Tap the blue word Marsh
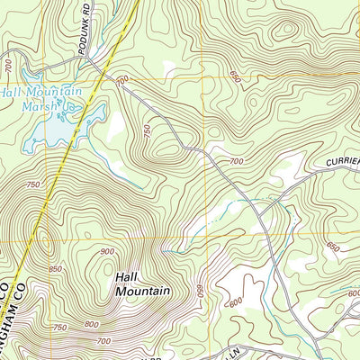pos(51,105)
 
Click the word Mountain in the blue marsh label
pos(53,92)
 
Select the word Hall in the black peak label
pos(127,276)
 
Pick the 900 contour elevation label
pos(108,251)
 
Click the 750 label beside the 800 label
pos(61,327)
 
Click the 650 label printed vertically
pos(200,292)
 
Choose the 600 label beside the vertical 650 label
pos(236,302)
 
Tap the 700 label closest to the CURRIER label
pos(236,161)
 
